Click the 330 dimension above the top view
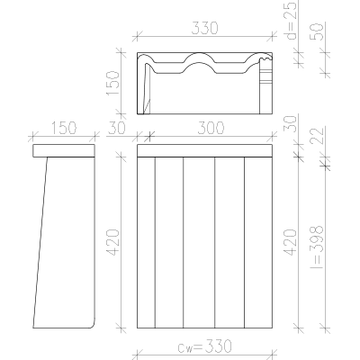coord(204,28)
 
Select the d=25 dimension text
coord(291,20)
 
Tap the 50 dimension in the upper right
coord(318,31)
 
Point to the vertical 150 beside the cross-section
coord(113,83)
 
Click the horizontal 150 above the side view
coord(64,128)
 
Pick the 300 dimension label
coord(211,128)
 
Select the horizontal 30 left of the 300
coord(117,128)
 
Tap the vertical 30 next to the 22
coord(291,124)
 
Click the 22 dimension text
coord(318,136)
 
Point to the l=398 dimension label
coord(318,247)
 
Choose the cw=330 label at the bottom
coord(204,346)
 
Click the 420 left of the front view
coord(113,242)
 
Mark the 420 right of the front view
coord(291,242)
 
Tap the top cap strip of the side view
coord(64,150)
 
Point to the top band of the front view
coord(204,150)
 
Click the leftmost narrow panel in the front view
coord(146,242)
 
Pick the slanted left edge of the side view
coord(40,242)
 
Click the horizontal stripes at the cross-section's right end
coord(265,76)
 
